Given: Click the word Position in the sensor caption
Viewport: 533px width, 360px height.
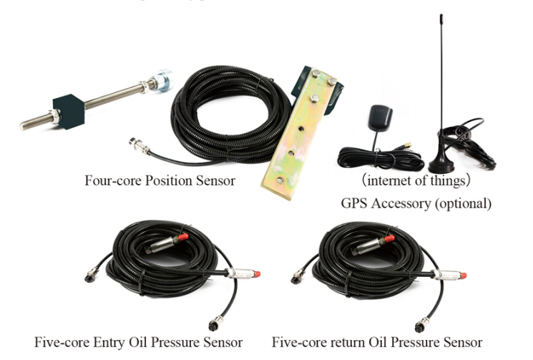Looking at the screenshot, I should (x=169, y=180).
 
